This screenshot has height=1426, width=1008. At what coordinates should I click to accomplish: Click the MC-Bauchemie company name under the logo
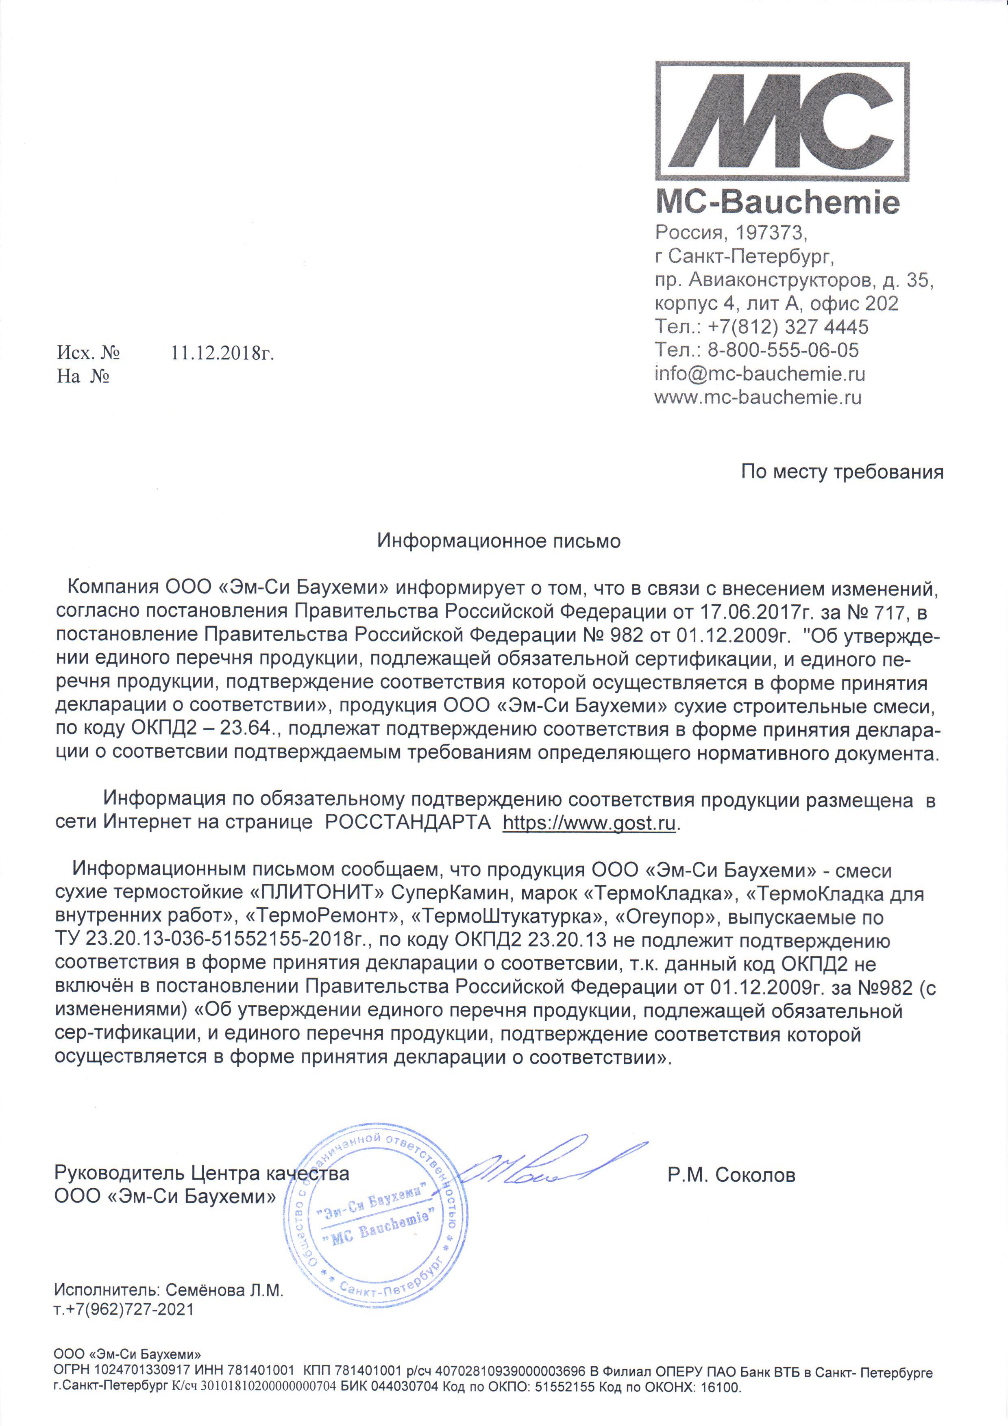[x=777, y=202]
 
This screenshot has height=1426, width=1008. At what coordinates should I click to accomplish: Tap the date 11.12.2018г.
[x=222, y=353]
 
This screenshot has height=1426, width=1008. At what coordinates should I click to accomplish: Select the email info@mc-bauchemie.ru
[x=759, y=374]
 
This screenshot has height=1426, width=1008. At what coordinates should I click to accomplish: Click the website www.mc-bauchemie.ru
[x=758, y=398]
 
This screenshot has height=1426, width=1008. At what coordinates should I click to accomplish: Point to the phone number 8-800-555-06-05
[x=783, y=350]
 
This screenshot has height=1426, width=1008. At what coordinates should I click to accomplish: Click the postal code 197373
[x=770, y=233]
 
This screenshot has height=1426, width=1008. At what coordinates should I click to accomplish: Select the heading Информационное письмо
[x=499, y=541]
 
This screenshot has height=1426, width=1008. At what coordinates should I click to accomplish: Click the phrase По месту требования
[x=842, y=472]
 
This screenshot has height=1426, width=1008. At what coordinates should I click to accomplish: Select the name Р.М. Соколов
[x=731, y=1175]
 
